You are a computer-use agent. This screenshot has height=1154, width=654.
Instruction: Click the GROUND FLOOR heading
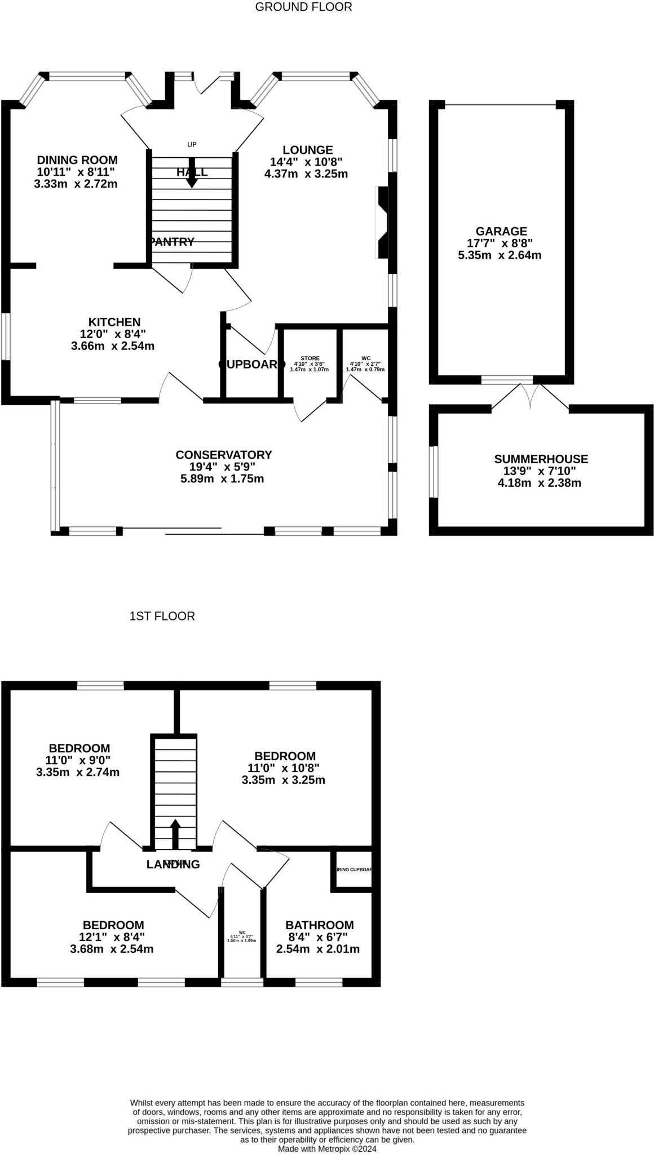tap(303, 7)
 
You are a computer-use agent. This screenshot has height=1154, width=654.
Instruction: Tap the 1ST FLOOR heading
tap(162, 616)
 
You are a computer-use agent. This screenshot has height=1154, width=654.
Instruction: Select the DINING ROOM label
tap(77, 160)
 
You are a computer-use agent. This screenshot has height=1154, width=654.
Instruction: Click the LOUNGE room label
tap(307, 150)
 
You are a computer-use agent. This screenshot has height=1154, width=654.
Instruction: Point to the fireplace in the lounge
tap(382, 222)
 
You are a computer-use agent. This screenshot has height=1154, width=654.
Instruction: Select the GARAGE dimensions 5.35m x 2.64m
tap(500, 255)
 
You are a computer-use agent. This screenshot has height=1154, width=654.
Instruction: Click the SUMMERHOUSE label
tap(541, 459)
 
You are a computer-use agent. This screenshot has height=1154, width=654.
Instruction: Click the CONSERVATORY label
tap(223, 454)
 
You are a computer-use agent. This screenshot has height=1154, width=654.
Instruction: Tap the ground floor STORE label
tap(310, 358)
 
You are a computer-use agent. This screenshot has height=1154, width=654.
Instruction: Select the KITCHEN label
tap(114, 322)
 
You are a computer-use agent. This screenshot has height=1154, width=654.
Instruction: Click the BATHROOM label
tap(319, 925)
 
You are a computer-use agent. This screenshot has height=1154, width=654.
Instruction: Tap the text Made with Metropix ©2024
tap(327, 1148)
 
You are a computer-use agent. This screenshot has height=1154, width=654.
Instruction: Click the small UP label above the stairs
tap(192, 144)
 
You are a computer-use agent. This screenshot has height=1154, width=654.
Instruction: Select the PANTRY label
tap(172, 242)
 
